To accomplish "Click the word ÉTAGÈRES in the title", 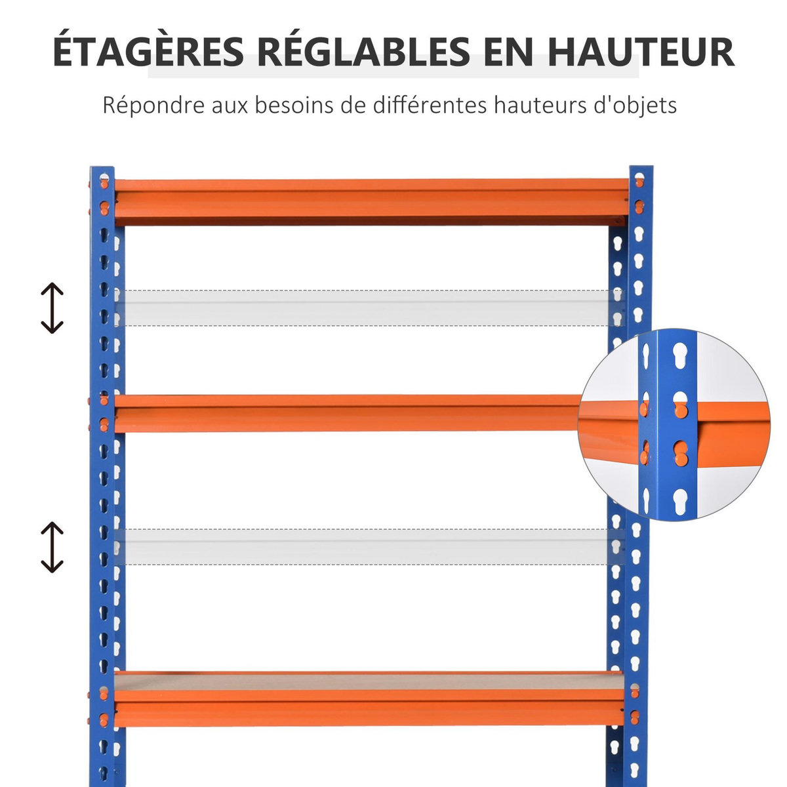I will (148, 52).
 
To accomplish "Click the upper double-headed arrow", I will (52, 308).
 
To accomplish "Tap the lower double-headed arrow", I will (52, 546).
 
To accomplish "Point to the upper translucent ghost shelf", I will (367, 308).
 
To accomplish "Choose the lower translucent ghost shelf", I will (367, 546).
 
